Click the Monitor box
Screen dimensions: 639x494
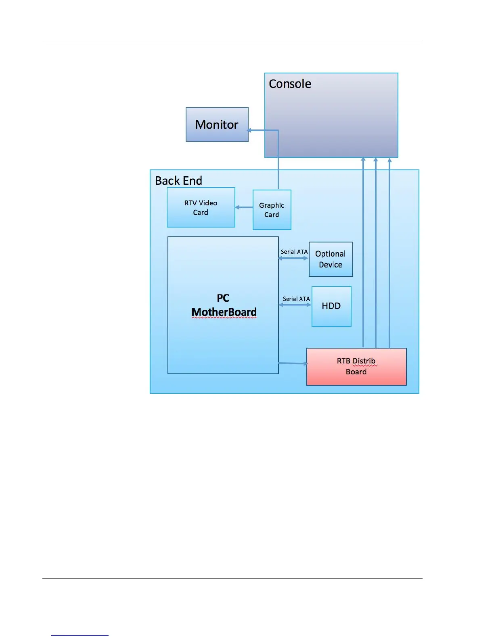click(217, 124)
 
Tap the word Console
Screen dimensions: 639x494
click(290, 84)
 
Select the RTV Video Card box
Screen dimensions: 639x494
click(201, 207)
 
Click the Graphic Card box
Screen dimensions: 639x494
click(272, 210)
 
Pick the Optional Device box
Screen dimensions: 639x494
click(331, 259)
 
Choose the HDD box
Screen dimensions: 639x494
click(331, 306)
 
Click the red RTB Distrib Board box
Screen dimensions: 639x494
click(356, 366)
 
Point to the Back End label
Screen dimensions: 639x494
click(178, 181)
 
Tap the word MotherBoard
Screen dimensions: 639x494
click(224, 312)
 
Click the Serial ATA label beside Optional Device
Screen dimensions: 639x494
click(294, 252)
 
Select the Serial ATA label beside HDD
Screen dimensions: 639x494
click(296, 299)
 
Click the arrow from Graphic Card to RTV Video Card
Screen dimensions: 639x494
click(244, 207)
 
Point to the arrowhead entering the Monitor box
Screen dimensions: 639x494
click(250, 130)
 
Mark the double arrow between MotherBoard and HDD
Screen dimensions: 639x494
click(295, 305)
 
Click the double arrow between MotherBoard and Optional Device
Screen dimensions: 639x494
click(293, 258)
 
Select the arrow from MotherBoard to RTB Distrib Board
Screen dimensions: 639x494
click(293, 363)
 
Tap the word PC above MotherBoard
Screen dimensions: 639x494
click(223, 298)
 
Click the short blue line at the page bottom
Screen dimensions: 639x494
click(80, 635)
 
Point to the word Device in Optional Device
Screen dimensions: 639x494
click(331, 265)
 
